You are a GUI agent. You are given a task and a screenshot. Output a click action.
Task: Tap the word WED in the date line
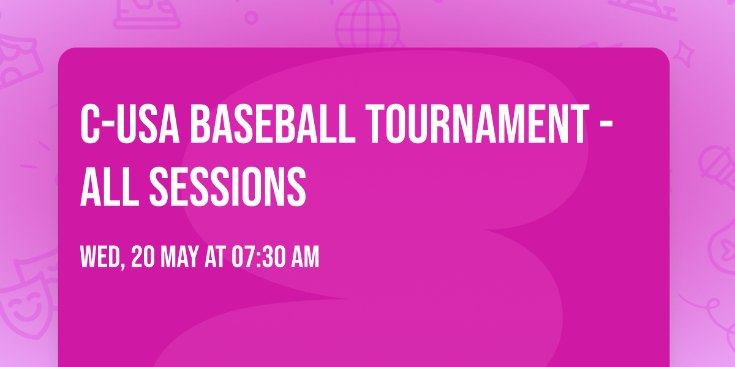point(101,258)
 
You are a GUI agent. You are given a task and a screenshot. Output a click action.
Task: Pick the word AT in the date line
point(215,258)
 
